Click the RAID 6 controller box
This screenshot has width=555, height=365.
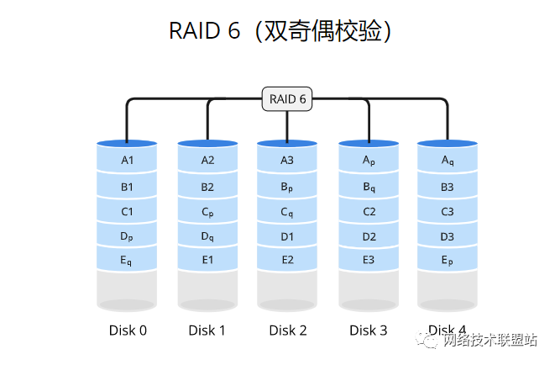pyautogui.click(x=287, y=99)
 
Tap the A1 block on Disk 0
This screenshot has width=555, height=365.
pyautogui.click(x=128, y=160)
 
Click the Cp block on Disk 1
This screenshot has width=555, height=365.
pyautogui.click(x=207, y=212)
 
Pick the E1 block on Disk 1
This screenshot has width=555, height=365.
pyautogui.click(x=207, y=260)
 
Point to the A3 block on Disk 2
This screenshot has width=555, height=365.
pyautogui.click(x=287, y=160)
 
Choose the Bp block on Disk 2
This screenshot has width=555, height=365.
pyautogui.click(x=287, y=187)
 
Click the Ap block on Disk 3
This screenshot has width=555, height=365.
pyautogui.click(x=369, y=160)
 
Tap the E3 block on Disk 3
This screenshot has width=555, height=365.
pyautogui.click(x=369, y=260)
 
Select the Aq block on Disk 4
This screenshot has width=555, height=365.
pyautogui.click(x=448, y=160)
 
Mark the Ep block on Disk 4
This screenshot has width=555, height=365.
pyautogui.click(x=448, y=260)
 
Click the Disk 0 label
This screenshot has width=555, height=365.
pyautogui.click(x=128, y=331)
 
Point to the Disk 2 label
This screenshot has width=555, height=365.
pyautogui.click(x=287, y=331)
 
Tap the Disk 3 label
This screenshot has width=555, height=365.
pyautogui.click(x=369, y=331)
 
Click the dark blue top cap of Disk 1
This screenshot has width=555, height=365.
pyautogui.click(x=207, y=144)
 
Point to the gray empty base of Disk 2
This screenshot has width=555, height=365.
pyautogui.click(x=287, y=290)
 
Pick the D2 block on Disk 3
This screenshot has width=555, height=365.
pyautogui.click(x=369, y=236)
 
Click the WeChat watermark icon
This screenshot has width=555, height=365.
pyautogui.click(x=431, y=340)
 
